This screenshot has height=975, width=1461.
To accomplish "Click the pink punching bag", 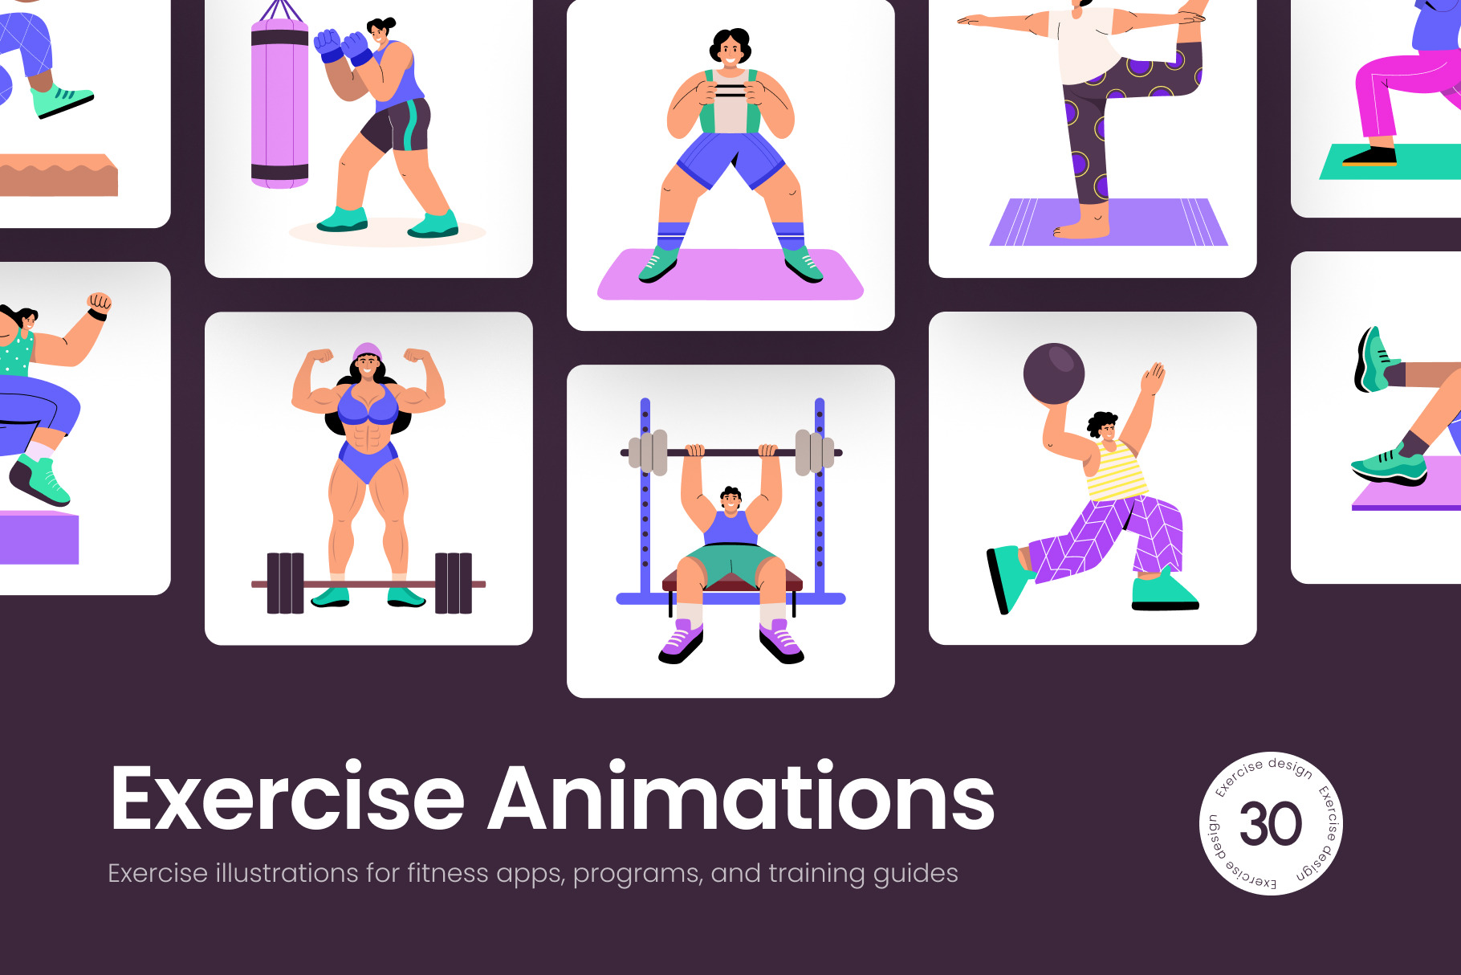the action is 279,104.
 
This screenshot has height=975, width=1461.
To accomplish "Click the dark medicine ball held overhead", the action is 1054,373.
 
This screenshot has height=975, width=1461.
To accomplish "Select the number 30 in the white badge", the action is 1270,824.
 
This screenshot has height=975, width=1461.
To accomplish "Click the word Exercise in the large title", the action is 287,798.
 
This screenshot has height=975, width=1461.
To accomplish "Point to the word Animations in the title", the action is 741,797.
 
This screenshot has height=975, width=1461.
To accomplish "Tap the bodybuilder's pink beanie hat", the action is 367,352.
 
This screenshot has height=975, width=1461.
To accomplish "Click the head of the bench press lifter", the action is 730,500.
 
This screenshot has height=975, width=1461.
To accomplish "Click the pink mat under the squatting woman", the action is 730,275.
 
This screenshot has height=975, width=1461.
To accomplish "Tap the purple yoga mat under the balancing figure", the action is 1109,222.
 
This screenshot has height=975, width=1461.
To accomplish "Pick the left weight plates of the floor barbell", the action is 285,583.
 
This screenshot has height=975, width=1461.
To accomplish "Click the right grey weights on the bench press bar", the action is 814,452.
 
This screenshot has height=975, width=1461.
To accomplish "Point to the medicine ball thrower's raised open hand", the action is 1154,377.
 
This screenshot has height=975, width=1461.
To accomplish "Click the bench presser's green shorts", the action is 729,562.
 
